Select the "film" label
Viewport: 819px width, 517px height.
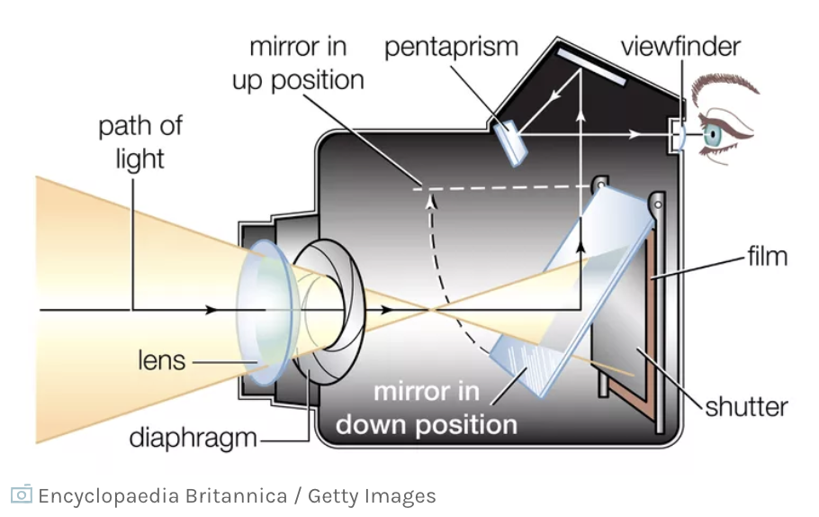tap(767, 256)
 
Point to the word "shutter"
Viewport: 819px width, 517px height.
tap(746, 406)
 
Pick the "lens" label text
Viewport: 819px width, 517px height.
tap(161, 360)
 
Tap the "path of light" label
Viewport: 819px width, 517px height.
tap(140, 141)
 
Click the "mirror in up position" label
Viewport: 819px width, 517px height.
tap(298, 62)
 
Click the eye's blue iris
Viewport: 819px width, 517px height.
tap(713, 135)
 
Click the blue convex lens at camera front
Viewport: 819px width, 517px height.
tap(264, 311)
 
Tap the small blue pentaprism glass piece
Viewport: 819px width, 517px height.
tap(510, 141)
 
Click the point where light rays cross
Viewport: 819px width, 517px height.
tap(430, 311)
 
